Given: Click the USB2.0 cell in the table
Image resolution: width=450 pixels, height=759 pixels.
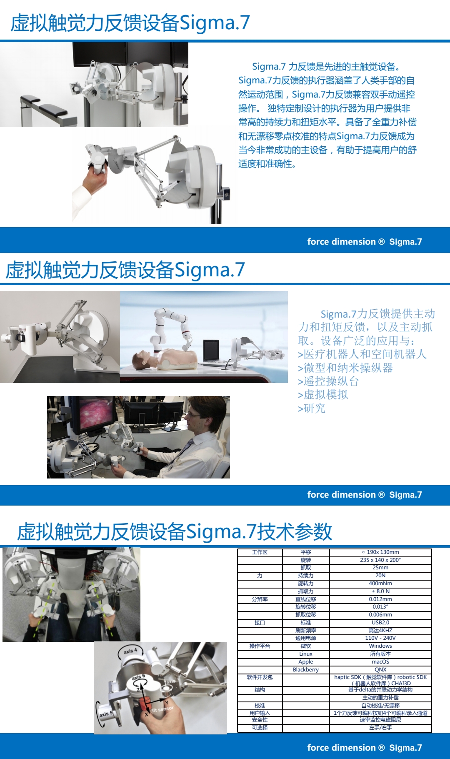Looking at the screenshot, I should pos(380,622).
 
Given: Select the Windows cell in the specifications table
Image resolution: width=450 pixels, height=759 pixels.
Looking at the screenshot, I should pos(380,646).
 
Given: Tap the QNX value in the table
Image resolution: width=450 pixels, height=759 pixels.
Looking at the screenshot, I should pos(380,669).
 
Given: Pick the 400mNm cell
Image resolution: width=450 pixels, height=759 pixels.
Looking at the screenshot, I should pos(380,583).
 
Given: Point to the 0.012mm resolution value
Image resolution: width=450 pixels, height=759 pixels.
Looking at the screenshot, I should pos(380,599).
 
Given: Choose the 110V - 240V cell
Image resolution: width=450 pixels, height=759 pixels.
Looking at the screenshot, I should pos(380,638).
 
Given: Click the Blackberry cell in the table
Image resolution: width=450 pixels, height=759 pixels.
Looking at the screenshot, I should pos(305,669).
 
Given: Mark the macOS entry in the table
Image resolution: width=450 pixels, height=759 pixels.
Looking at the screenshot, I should pos(380,661).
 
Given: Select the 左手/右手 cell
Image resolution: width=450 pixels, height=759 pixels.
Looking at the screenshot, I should pos(380,727).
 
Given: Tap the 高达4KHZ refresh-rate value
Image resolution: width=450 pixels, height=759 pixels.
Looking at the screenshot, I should pos(380,630).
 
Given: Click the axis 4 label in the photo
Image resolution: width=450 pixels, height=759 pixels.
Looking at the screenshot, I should pos(130,650).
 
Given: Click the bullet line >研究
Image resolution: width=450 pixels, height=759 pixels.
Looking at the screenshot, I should pos(312,408).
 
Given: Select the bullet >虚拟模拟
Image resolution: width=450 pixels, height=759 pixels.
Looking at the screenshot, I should pos(323,395).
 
